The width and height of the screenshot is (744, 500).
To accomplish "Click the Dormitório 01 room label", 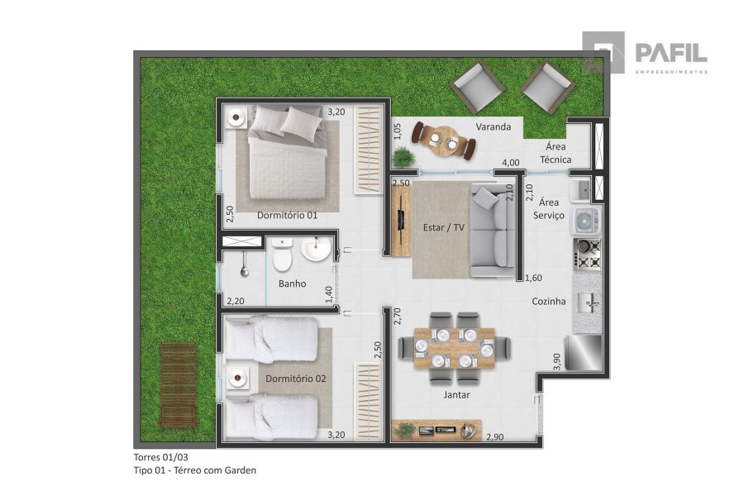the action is point(287,215).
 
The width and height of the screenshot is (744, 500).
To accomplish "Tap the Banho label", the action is point(293,283).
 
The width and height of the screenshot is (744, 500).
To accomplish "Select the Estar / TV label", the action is point(444,227).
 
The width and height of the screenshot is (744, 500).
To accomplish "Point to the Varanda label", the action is point(494,126).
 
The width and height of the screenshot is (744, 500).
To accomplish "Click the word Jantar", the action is point(457,395).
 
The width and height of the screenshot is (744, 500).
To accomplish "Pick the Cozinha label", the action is point(549,301).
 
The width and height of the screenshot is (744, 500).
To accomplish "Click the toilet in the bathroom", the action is point(283,254).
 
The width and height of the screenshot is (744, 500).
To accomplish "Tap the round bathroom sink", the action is point(317,249).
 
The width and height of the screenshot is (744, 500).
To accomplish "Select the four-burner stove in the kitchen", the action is point(588,255).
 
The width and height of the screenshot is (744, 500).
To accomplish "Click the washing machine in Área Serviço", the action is point(587,221).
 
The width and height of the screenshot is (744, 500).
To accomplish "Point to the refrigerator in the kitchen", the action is point(584,353).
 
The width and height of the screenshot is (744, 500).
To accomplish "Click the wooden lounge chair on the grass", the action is point(179,384).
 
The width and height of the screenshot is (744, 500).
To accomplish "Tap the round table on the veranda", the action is point(445,140).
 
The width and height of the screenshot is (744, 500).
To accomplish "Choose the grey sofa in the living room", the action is point(493,231).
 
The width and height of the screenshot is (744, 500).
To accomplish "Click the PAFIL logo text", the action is point(671,52).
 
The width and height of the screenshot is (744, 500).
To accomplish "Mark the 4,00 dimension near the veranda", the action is point(511,162).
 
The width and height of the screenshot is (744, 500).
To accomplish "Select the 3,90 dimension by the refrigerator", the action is point(557,361).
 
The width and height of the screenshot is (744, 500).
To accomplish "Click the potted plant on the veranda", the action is point(403,156).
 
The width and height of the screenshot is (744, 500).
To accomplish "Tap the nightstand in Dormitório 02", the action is point(236,378).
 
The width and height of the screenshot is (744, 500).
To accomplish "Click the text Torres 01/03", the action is point(161,457).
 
